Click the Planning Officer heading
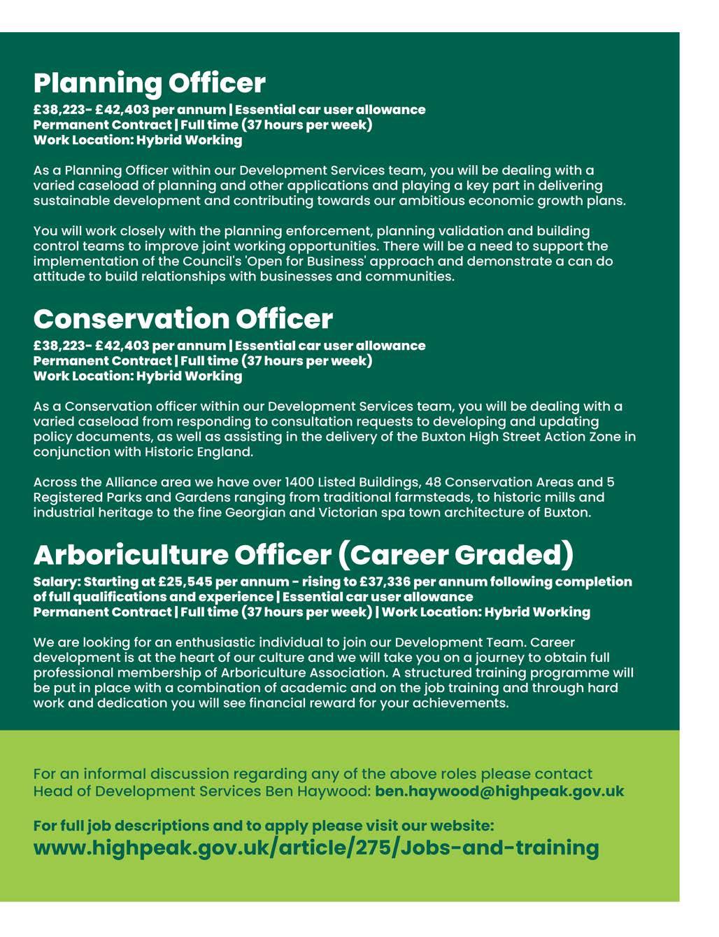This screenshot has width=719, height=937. coord(149,83)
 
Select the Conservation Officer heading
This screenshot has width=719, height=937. coord(183,319)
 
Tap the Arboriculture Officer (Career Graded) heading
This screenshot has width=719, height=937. coord(303,555)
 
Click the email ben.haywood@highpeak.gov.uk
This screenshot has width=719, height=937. coord(499,791)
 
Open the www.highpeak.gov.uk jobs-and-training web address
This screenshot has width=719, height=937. coord(316,848)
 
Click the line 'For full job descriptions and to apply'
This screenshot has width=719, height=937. coord(264,826)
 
